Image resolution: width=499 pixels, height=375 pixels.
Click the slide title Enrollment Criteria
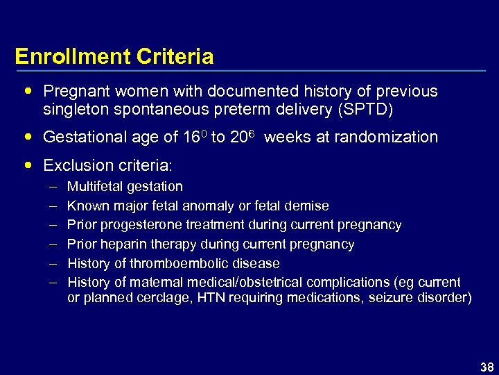(x=114, y=56)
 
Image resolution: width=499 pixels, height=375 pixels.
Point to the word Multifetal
(x=95, y=186)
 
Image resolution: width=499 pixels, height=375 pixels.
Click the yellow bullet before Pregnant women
(x=27, y=91)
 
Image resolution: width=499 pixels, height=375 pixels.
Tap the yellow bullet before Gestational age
(x=27, y=137)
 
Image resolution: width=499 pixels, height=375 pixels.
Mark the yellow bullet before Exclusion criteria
(x=27, y=165)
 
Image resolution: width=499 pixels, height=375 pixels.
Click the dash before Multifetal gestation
(x=53, y=187)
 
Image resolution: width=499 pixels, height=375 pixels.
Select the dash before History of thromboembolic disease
(x=53, y=264)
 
